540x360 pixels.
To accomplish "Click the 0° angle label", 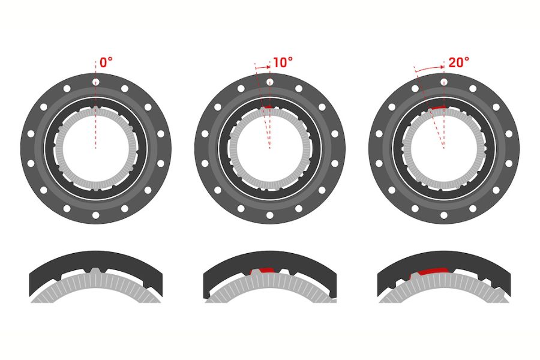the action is pos(106,62).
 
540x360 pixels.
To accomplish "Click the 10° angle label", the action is pos(283,62).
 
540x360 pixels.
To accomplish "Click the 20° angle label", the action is pos(459,62).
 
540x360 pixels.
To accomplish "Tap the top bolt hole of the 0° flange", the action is pos(96,82).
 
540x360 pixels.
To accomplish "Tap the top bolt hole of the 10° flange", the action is pos(270,82).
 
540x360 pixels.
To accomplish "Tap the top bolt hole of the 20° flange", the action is pos(444,82).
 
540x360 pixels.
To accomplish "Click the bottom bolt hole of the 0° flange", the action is pos(96,215).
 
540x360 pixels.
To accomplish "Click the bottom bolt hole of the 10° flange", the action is pos(270,215).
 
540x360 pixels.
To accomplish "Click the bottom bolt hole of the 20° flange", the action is pos(444,215).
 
